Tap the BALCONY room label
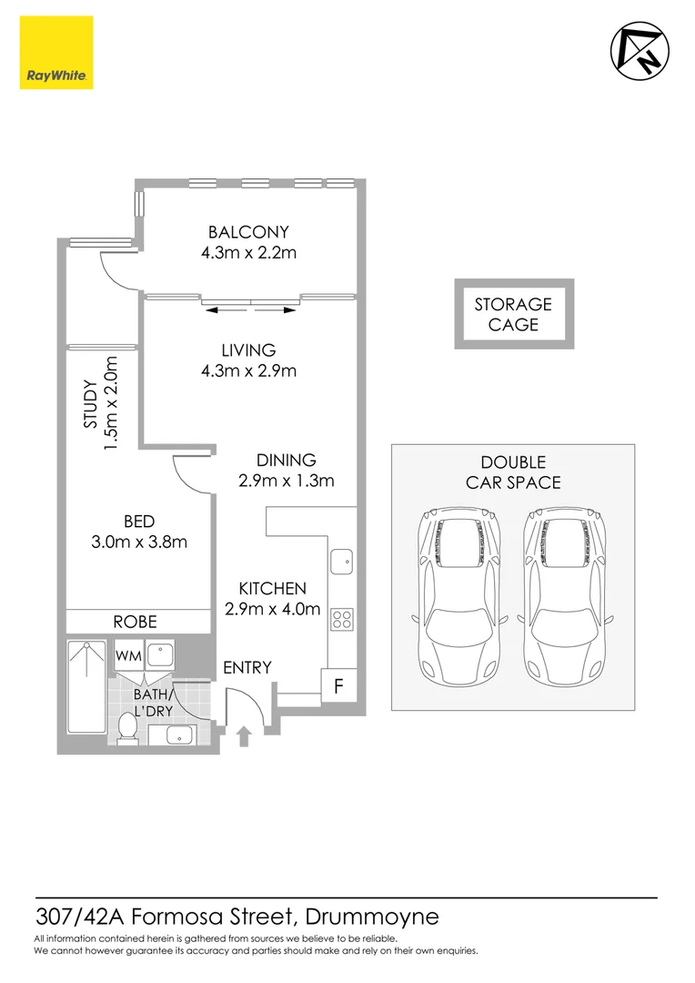248,232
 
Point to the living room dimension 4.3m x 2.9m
248,370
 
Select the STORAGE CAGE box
514,314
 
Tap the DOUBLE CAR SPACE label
513,472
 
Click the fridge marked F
337,686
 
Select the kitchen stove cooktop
342,619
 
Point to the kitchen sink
342,562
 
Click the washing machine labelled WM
126,655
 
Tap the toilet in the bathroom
128,725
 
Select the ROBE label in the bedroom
135,622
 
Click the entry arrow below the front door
244,735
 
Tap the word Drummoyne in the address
372,916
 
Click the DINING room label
286,460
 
